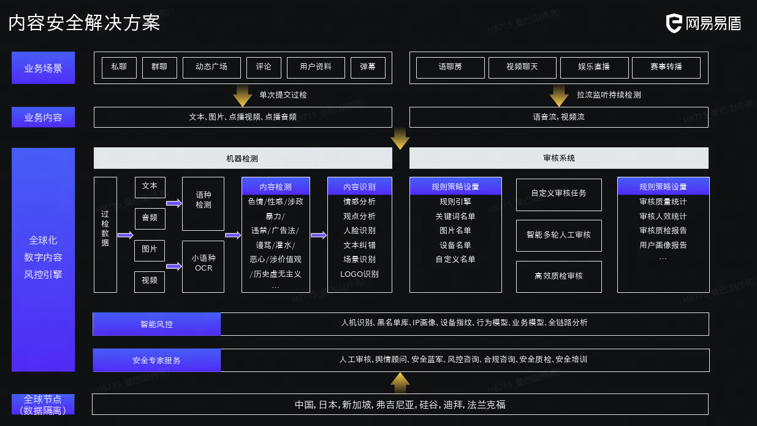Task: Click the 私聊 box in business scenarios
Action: point(119,68)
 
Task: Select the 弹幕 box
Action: point(368,68)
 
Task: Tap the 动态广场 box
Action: point(211,68)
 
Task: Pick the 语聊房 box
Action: point(450,68)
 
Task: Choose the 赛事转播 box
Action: point(666,68)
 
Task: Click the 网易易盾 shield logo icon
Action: point(674,23)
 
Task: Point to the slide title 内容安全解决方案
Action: point(84,23)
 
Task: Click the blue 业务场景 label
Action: point(43,68)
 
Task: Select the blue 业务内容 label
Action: point(43,117)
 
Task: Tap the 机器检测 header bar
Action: point(243,158)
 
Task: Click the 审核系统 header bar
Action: point(558,158)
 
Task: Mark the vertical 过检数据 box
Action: point(105,234)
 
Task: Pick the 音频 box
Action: point(150,218)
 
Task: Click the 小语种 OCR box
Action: point(204,266)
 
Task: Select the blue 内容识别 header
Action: point(359,187)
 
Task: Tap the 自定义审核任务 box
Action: point(558,194)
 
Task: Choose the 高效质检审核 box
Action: point(558,276)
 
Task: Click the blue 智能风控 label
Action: point(156,324)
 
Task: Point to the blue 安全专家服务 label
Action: point(156,360)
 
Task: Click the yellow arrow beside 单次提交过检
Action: point(243,96)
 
